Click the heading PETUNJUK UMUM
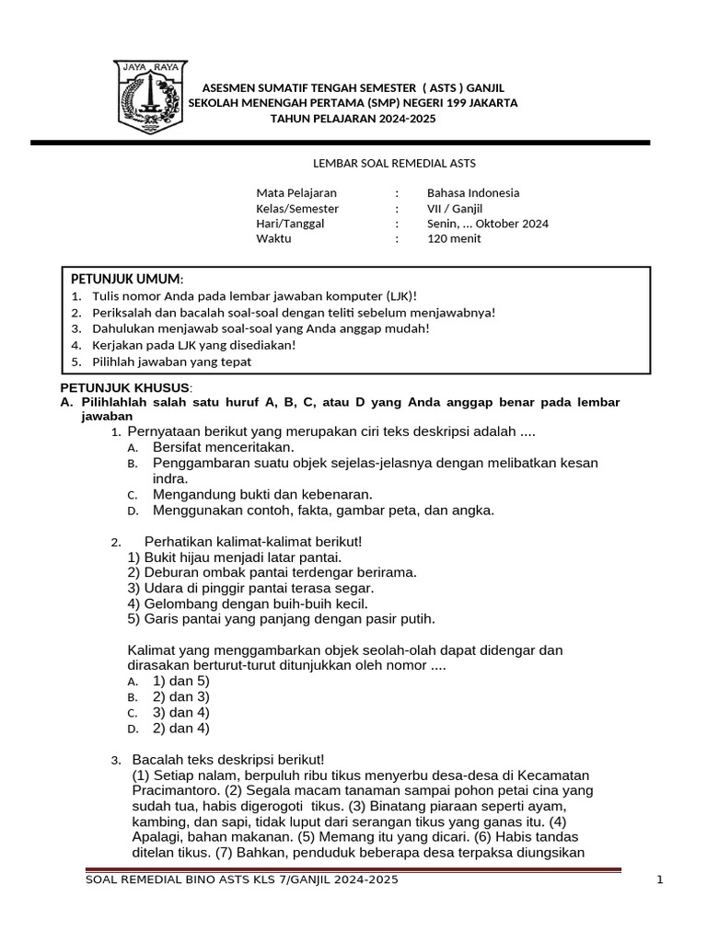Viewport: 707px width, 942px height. click(x=127, y=279)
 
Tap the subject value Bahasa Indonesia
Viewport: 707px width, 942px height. click(x=473, y=193)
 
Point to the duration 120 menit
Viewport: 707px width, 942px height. click(x=454, y=238)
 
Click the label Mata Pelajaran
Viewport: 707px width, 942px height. click(x=296, y=193)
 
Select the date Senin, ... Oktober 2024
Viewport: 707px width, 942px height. click(x=486, y=224)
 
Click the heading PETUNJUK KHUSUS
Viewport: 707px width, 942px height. click(x=125, y=387)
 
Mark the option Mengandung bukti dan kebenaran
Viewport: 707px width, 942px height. click(x=262, y=494)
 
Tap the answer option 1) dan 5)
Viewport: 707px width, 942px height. click(x=181, y=681)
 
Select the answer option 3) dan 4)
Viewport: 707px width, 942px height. click(x=181, y=712)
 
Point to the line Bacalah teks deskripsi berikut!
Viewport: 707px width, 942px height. click(x=228, y=760)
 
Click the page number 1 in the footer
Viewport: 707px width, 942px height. click(x=660, y=880)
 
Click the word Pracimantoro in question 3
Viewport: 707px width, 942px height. click(x=174, y=790)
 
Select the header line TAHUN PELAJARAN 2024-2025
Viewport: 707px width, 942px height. click(x=353, y=120)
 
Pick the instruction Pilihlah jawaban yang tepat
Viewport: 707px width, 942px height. click(x=172, y=362)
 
